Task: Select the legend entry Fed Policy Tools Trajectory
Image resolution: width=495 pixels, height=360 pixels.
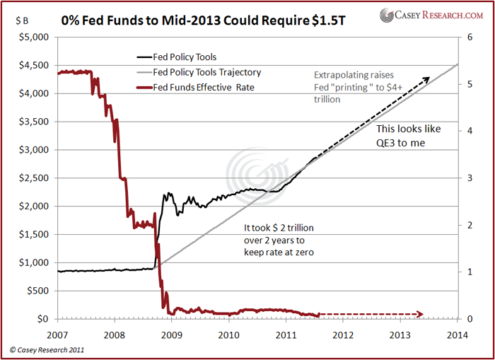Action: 206,72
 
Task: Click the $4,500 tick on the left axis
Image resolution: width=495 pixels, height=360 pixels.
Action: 33,65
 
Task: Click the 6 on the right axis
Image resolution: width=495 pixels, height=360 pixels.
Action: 467,37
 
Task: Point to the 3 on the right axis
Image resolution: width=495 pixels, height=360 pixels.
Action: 467,178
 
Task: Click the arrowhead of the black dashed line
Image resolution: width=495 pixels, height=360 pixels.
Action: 426,79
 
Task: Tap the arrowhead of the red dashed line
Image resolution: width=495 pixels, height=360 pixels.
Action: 421,314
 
